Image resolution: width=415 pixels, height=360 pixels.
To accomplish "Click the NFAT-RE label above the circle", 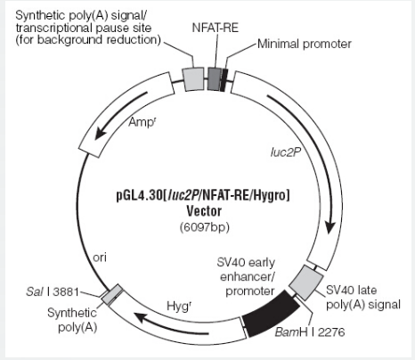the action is pyautogui.click(x=216, y=28).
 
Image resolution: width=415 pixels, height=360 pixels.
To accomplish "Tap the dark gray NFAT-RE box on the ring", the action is pyautogui.click(x=215, y=78).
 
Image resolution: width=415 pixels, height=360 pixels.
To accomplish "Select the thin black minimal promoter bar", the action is pyautogui.click(x=224, y=79).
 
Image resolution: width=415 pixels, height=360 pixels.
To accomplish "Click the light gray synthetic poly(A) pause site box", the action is pyautogui.click(x=193, y=78).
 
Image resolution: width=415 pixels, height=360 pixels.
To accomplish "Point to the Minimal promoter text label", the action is pyautogui.click(x=305, y=44).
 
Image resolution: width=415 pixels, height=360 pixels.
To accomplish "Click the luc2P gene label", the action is pyautogui.click(x=286, y=151).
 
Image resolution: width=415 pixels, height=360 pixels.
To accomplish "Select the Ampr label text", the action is pyautogui.click(x=142, y=122).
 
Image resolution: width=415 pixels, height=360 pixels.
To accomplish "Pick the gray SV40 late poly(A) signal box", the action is pyautogui.click(x=306, y=282).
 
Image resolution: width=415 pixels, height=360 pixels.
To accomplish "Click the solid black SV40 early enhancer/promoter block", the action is pyautogui.click(x=271, y=313).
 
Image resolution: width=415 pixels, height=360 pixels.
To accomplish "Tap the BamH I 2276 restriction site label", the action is pyautogui.click(x=310, y=332).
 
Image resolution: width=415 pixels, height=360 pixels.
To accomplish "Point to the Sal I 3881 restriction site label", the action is pyautogui.click(x=53, y=291).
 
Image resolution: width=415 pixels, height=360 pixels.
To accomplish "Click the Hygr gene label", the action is pyautogui.click(x=179, y=306).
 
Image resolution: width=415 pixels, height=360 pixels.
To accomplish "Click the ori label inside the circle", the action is pyautogui.click(x=100, y=258).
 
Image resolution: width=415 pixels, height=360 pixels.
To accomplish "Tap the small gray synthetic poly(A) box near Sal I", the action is pyautogui.click(x=111, y=294).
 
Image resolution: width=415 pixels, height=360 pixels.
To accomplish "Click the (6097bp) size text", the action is pyautogui.click(x=205, y=227).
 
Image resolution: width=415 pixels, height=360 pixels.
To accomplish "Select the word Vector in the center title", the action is pyautogui.click(x=204, y=211).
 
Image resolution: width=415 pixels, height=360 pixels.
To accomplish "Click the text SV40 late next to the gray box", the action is pyautogui.click(x=352, y=290).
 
